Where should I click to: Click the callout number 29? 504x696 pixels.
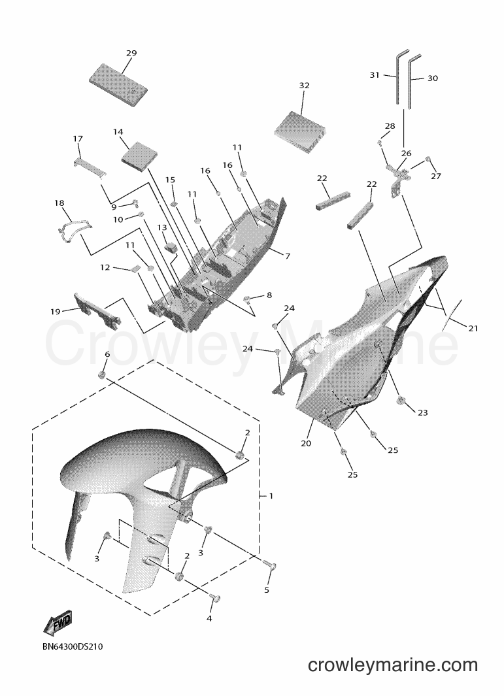[x=131, y=54]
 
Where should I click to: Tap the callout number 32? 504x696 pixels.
[x=304, y=86]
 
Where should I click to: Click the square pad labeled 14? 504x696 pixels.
[x=140, y=156]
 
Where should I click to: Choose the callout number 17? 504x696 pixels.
[x=78, y=139]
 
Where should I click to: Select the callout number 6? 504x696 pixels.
[x=107, y=354]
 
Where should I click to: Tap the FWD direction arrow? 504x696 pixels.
[x=58, y=625]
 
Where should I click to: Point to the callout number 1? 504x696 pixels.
[x=271, y=495]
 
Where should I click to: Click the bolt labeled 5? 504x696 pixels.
[x=270, y=565]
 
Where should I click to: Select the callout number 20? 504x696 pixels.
[x=306, y=443]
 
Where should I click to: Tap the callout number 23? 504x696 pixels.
[x=423, y=413]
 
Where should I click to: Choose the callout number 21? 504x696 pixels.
[x=473, y=329]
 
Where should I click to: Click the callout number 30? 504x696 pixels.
[x=433, y=78]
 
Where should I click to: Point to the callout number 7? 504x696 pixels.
[x=288, y=256]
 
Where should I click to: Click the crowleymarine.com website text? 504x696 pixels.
[x=393, y=665]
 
